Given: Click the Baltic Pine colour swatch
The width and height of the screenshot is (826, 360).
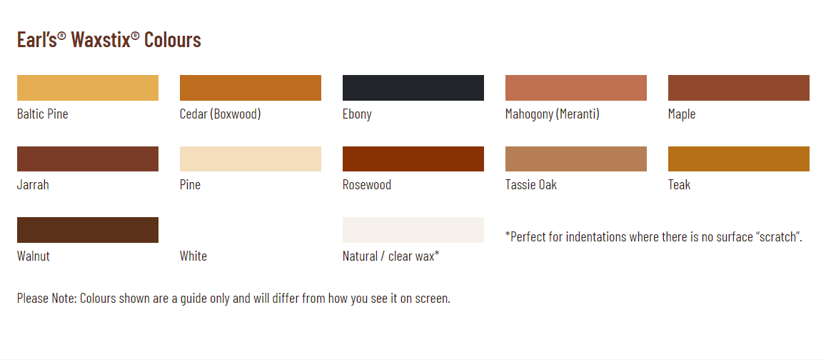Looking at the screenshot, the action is coord(87,87).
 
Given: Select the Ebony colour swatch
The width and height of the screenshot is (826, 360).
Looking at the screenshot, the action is coord(413,87).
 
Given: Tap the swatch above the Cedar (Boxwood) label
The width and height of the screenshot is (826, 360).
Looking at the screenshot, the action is coord(250,87).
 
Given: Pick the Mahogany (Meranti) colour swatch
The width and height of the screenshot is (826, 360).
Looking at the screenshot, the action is coord(576,87).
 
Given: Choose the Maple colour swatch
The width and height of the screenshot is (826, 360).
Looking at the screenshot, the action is coord(739,87).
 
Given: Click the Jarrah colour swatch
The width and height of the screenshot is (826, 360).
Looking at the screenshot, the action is coord(87,159).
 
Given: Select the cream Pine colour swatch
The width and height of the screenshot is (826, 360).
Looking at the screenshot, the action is coord(250,159).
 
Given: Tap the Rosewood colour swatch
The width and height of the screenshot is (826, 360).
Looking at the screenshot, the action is coord(413,159).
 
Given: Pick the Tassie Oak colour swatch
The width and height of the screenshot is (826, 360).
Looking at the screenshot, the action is coord(576,159).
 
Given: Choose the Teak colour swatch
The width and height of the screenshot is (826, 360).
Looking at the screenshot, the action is coord(739,159).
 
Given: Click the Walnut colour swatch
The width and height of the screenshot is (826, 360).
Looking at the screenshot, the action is coord(87,230).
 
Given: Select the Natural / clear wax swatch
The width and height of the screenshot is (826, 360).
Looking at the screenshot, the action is coord(413,230).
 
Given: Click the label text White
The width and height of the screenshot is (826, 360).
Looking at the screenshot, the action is coord(193,256).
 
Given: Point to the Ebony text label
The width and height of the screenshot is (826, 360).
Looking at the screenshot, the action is coord(357,114).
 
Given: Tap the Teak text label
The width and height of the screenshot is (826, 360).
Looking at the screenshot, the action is coord(679,185).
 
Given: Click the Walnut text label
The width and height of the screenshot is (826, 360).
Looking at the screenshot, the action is coord(33,256).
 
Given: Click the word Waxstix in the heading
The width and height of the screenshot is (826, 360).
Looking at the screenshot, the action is coord(101,39).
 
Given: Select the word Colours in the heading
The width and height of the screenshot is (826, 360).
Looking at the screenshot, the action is coord(173,39).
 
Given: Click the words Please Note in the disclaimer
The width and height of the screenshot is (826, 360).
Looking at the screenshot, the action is coord(47,299).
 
